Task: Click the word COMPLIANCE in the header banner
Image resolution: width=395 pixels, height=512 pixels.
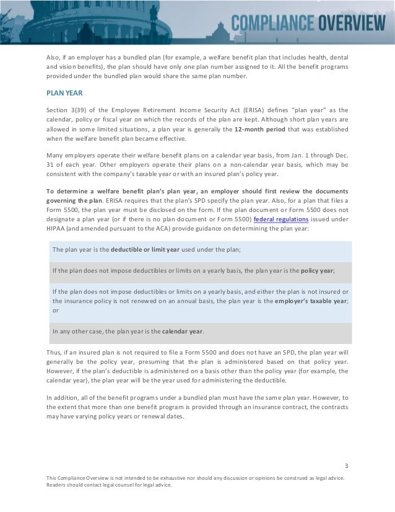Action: [273, 24]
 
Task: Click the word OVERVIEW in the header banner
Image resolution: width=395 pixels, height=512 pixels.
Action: [350, 24]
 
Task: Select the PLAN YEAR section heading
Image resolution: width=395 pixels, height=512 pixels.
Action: [63, 94]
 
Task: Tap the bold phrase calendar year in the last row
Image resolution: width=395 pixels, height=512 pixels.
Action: [183, 330]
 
